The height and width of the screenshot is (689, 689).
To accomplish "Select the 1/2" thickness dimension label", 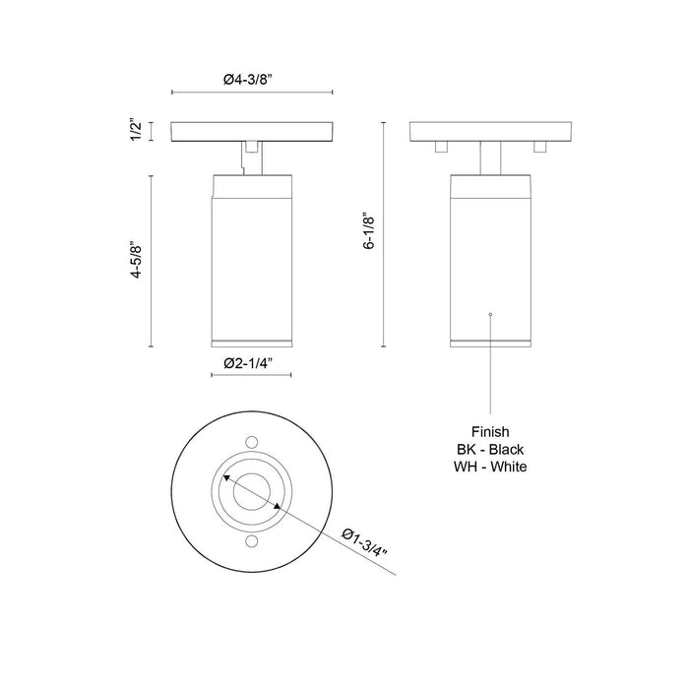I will [x=137, y=131].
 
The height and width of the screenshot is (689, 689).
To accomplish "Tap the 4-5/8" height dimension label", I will [x=137, y=262].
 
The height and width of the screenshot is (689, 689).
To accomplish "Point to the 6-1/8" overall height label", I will [x=370, y=233].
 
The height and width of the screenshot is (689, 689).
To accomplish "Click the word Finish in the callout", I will [x=489, y=431].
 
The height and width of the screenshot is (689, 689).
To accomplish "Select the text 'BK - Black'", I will [x=489, y=449].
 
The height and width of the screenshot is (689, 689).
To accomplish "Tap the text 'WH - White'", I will [x=489, y=467].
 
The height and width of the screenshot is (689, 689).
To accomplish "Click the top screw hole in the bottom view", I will [x=252, y=442].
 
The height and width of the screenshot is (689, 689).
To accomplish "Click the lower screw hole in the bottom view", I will [x=252, y=542].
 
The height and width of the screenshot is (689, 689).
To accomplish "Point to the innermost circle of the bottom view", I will [x=252, y=491].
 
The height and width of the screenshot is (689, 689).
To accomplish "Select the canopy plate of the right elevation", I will [x=489, y=131].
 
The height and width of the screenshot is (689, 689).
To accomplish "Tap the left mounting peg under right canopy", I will [x=442, y=147].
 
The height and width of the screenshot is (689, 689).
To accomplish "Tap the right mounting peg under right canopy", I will [x=538, y=147].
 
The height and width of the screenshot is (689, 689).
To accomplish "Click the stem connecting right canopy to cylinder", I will [x=489, y=157].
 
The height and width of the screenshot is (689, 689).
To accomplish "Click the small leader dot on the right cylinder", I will [x=489, y=314].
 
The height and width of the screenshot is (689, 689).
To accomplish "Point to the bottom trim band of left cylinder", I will [x=252, y=342].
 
